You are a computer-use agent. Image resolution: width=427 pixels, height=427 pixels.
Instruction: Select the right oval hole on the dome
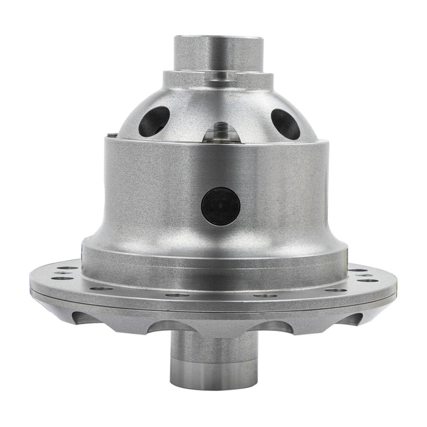[x=284, y=123]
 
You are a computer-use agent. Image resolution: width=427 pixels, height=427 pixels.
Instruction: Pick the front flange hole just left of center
[x=178, y=295]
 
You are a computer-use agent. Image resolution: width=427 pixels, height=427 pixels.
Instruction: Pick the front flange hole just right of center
[x=263, y=295]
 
